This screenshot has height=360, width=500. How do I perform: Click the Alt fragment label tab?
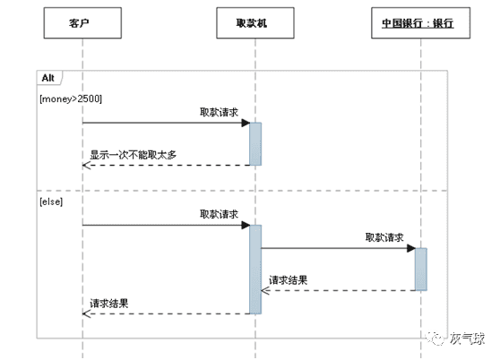click(x=50, y=78)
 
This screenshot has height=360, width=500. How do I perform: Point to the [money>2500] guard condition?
click(x=71, y=96)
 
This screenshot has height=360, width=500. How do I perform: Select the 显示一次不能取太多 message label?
click(x=133, y=155)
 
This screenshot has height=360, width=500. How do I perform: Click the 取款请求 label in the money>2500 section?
click(x=219, y=111)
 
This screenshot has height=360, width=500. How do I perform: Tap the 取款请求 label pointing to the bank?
click(x=384, y=237)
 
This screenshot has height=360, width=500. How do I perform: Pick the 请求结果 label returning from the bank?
click(x=289, y=280)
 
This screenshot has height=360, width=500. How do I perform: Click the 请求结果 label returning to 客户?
click(x=109, y=304)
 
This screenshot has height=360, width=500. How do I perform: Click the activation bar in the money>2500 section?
click(x=255, y=143)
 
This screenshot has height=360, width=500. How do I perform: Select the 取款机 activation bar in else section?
click(x=255, y=269)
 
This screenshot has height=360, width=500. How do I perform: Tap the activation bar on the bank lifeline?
click(x=420, y=269)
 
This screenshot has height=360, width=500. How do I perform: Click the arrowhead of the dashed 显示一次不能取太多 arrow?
click(x=86, y=165)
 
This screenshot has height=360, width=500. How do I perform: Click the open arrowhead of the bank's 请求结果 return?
click(x=265, y=290)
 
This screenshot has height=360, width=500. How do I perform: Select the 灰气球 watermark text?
click(x=467, y=339)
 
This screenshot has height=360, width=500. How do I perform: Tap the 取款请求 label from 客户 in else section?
click(x=219, y=214)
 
